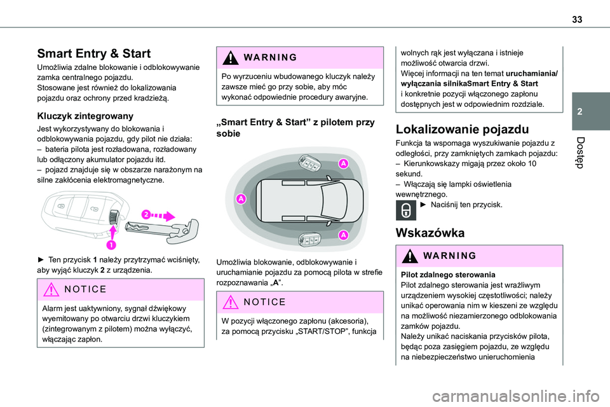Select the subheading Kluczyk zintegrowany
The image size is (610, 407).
(85, 116)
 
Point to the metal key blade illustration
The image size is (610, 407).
(165, 227)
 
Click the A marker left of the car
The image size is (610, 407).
(241, 199)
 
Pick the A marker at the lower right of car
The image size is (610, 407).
(342, 235)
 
